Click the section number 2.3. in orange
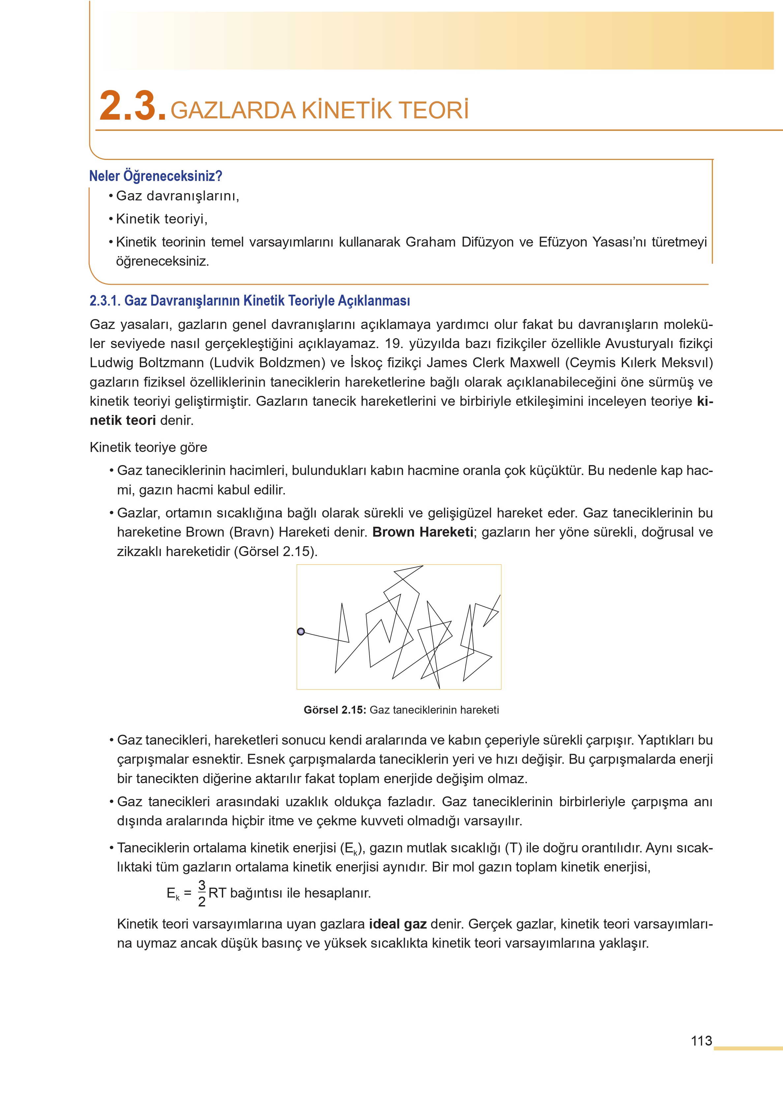(133, 106)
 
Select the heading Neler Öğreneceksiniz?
(155, 176)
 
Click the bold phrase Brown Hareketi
(423, 532)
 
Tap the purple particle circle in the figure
(301, 631)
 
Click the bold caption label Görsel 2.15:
(335, 710)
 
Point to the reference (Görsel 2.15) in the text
(275, 551)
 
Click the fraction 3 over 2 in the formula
(201, 893)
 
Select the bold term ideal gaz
(398, 924)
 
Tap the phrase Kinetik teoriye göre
(148, 447)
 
